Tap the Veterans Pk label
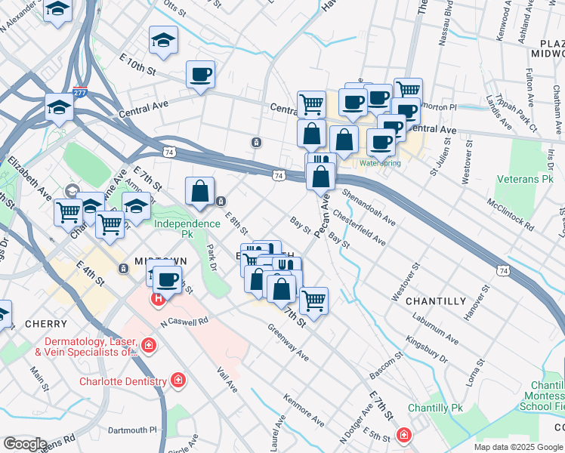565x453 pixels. click(x=525, y=180)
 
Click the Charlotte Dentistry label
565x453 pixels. click(x=122, y=381)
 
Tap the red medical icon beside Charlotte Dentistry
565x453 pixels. click(x=178, y=379)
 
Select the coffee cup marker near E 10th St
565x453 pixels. click(x=201, y=75)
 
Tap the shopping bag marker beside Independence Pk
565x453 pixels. click(x=200, y=191)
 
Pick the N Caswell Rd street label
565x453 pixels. click(x=184, y=322)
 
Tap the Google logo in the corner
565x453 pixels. click(x=24, y=444)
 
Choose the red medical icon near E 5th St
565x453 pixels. click(x=405, y=436)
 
